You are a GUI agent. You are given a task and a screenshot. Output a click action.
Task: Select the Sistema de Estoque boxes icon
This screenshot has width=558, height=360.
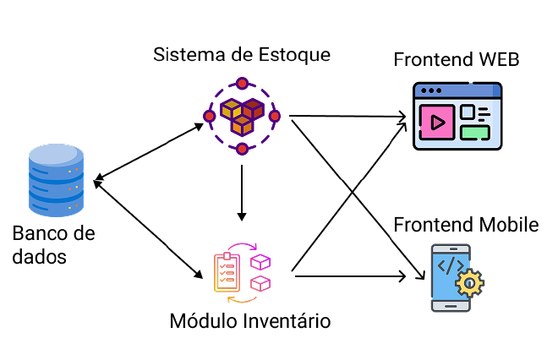pos(242,116)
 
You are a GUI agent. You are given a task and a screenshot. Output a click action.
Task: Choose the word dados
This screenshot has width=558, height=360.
pos(39,256)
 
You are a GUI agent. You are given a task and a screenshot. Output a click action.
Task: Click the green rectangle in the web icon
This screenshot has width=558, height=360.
pos(474,131)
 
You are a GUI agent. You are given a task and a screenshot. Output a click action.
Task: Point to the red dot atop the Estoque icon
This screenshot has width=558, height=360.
pos(243,83)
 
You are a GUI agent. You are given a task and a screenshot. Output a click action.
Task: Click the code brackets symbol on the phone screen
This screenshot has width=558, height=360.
pos(449,266)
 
